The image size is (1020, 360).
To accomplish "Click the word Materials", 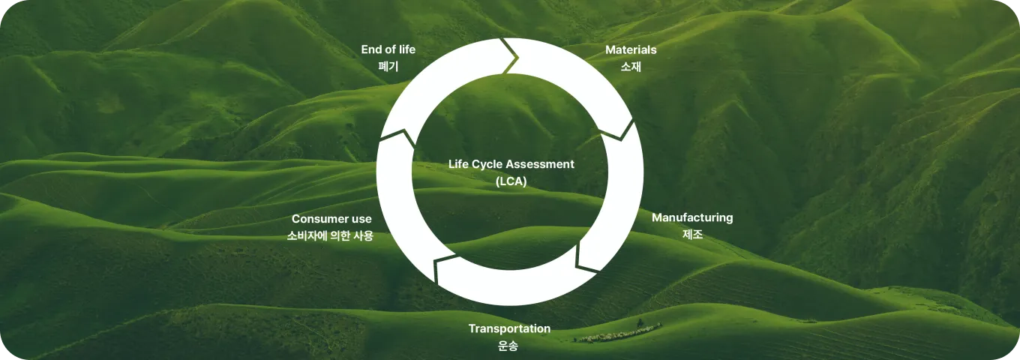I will point(631,50).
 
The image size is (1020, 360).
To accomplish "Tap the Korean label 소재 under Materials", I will point(631,67).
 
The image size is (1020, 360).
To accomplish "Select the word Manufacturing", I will point(691,218).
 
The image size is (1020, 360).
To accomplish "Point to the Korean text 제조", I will point(692,235).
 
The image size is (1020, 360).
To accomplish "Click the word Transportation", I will point(509,329).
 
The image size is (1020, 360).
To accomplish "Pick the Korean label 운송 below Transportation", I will point(508,346).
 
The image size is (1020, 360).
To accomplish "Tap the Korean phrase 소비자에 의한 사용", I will point(330,235).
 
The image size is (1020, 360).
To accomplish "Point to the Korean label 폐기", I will point(388,67).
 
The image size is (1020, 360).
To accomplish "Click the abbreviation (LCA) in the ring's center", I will point(511,181).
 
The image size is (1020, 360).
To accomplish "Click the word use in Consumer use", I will point(361,219).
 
